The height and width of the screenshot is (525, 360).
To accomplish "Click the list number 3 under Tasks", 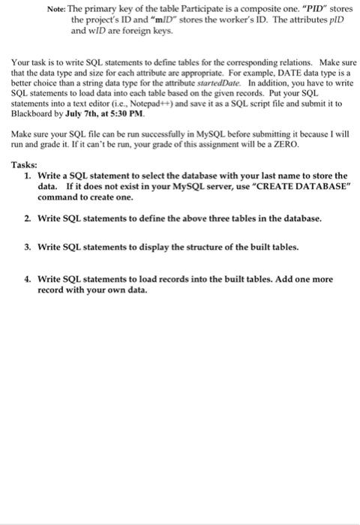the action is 28,246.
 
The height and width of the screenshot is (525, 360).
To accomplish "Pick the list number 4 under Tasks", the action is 28,278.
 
